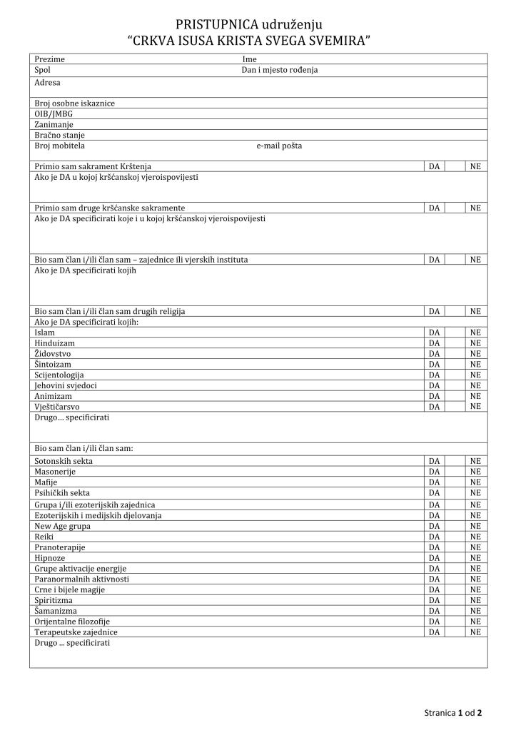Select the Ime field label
250,59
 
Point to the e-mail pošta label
279,146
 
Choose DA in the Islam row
434,333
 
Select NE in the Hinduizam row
475,343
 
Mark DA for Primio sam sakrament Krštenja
434,166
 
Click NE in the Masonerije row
475,472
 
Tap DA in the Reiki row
434,537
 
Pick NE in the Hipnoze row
475,558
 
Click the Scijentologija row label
59,375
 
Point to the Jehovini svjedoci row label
66,385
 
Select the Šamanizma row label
56,611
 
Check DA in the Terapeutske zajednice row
434,632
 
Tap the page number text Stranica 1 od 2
453,712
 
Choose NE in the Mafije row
475,482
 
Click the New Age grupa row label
62,526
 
